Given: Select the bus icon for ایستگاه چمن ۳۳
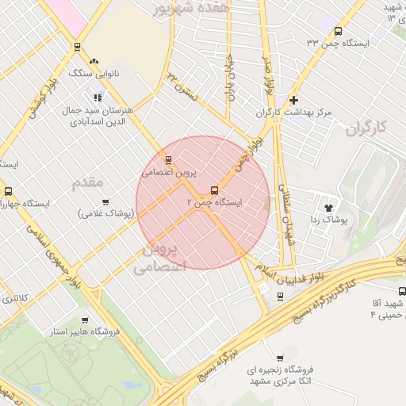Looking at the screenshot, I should point(339,32).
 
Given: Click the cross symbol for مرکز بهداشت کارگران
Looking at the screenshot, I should point(294,100).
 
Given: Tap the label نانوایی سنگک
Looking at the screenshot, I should point(95,72).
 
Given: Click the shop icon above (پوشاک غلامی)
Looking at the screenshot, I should point(105,201).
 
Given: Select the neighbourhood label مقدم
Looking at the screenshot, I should point(88,183).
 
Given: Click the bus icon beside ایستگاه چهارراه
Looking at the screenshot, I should point(8,191).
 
